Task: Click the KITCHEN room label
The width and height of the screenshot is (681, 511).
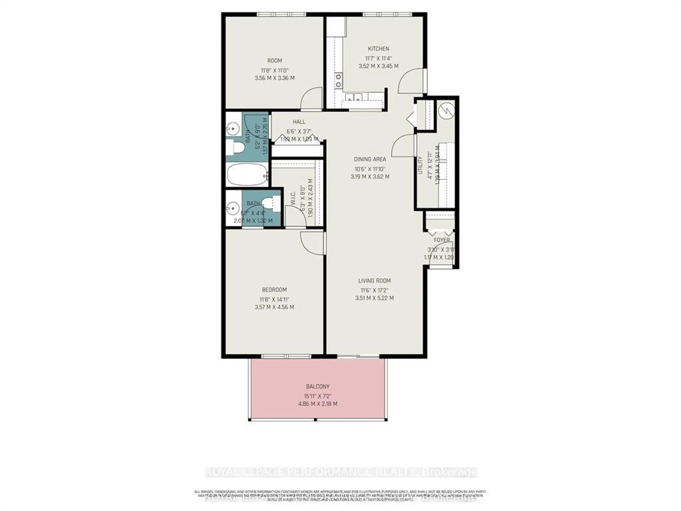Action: click(378, 49)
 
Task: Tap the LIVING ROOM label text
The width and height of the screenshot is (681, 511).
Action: click(374, 281)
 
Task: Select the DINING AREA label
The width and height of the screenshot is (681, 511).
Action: click(370, 159)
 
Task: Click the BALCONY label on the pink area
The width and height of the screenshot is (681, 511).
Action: click(318, 386)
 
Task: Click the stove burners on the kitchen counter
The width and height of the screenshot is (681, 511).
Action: click(338, 80)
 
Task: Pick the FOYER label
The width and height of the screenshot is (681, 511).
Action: click(442, 240)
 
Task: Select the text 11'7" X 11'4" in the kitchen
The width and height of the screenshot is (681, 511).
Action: click(378, 58)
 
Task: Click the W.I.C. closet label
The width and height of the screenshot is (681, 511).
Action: click(293, 199)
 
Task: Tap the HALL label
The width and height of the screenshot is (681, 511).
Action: click(299, 122)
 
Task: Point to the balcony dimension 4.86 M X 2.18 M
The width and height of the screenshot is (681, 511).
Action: click(318, 403)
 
